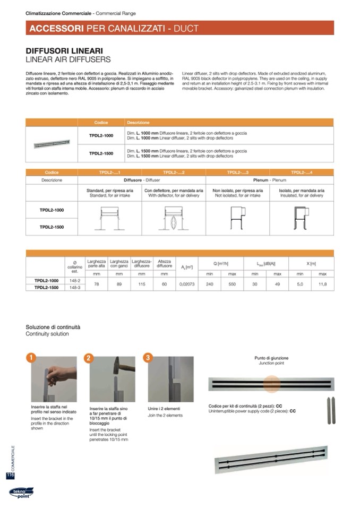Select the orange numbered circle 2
click(89, 358)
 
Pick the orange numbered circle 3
click(147, 358)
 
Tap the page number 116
click(10, 476)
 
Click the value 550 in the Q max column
click(232, 284)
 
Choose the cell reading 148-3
click(74, 288)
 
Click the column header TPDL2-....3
click(237, 172)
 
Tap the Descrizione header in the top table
click(138, 123)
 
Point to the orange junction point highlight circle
click(271, 383)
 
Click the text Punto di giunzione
click(271, 358)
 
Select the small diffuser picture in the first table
click(52, 144)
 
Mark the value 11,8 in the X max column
click(322, 284)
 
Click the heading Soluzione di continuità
click(53, 327)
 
